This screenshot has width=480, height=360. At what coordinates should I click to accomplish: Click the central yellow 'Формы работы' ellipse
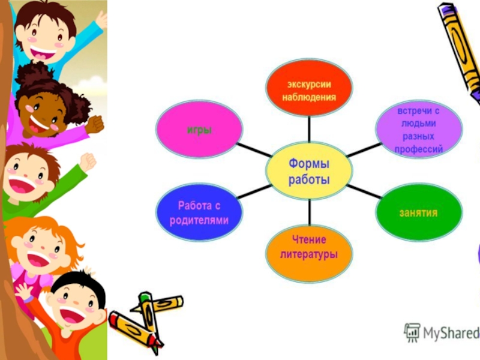pos(310,171)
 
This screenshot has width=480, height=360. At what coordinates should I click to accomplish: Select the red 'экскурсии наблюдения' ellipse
pos(310,89)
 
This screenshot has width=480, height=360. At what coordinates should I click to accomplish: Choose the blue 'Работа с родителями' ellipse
pos(199,213)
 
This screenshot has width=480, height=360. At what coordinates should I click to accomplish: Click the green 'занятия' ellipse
pos(419,213)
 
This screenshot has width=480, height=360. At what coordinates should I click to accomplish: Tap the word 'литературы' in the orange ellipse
pos(310,254)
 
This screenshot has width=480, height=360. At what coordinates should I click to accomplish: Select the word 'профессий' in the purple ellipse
pos(419,149)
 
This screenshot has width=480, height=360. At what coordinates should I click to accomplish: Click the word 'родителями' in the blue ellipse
pos(199,220)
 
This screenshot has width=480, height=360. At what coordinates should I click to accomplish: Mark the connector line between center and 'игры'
pos(253,150)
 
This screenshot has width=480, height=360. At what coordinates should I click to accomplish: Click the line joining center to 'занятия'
pos(365,192)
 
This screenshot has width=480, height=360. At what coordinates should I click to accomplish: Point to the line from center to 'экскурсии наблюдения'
pos(310,128)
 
